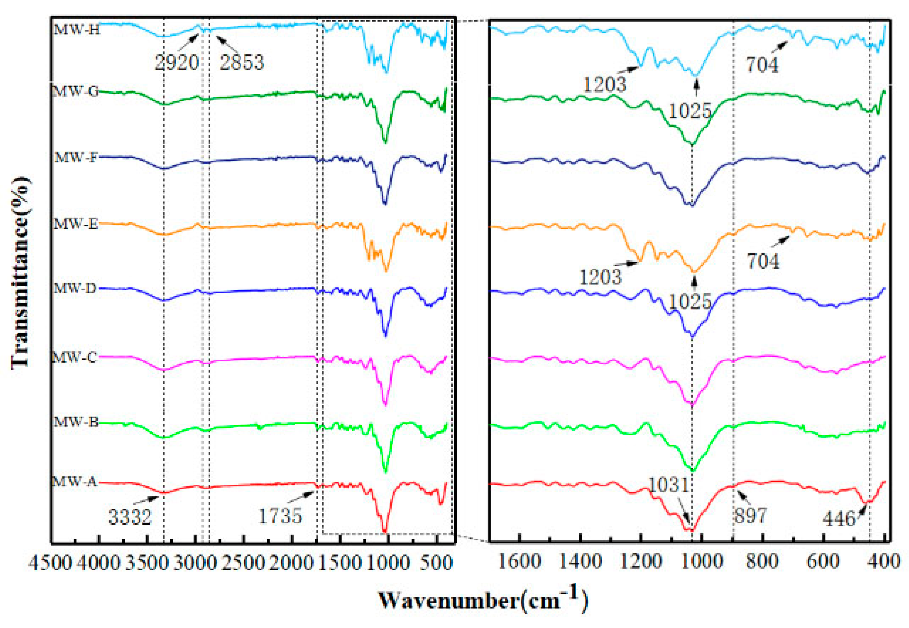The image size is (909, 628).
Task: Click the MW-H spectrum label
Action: tap(77, 29)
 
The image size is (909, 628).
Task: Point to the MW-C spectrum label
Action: tap(74, 358)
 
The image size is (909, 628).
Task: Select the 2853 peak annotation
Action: tap(241, 63)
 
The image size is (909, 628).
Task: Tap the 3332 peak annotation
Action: tap(130, 517)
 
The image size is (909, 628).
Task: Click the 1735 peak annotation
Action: tap(280, 516)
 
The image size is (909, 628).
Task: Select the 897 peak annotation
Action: tap(750, 516)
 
